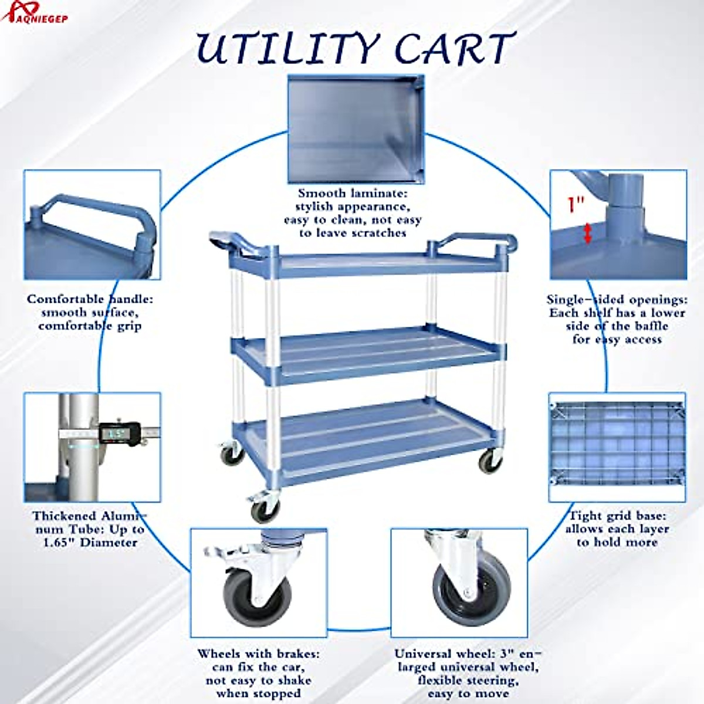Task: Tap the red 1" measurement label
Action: (576, 205)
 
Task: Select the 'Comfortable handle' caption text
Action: (90, 312)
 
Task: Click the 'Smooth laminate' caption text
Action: (352, 212)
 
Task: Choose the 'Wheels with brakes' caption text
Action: (258, 673)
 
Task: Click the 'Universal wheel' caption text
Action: (467, 673)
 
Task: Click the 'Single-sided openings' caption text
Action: (616, 319)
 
